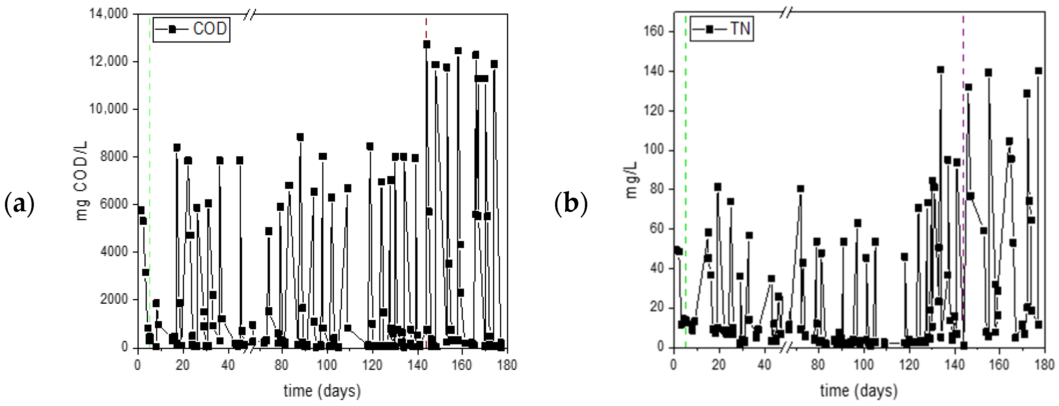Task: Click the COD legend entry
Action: coord(191,29)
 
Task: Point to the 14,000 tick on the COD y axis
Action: coord(109,14)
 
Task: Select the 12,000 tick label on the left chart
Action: coord(109,61)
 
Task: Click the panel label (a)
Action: coord(19,204)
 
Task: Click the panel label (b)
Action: coord(571,204)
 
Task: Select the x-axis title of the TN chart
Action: coord(858,390)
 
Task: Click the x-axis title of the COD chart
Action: coord(322,390)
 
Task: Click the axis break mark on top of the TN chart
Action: coord(785,14)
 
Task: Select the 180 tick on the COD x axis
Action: coord(507,365)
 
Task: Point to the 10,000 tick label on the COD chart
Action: coord(109,109)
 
